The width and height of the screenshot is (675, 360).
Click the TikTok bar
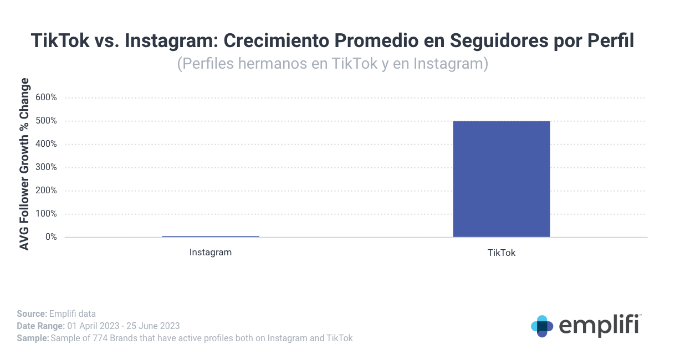[501, 179]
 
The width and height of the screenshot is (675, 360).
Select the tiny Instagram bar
[211, 236]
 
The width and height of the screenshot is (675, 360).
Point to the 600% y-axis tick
[46, 97]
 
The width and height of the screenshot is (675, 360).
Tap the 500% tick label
[46, 121]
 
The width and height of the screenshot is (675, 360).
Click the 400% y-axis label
[46, 144]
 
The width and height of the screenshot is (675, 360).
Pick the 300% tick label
[46, 167]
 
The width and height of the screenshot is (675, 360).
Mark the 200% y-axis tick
[46, 191]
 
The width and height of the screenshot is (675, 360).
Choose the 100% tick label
[46, 214]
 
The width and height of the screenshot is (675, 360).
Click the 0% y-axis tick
[50, 237]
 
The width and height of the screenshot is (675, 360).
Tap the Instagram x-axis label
[211, 253]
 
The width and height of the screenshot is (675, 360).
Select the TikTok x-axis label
[502, 253]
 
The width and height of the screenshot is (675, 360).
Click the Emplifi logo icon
[542, 326]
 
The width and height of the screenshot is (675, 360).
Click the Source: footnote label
[32, 314]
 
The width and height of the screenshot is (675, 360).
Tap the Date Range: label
[40, 326]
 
